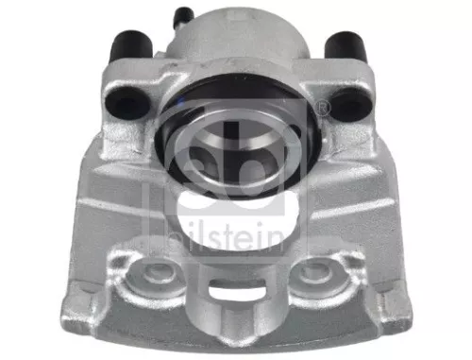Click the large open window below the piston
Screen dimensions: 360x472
[x=233, y=216]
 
